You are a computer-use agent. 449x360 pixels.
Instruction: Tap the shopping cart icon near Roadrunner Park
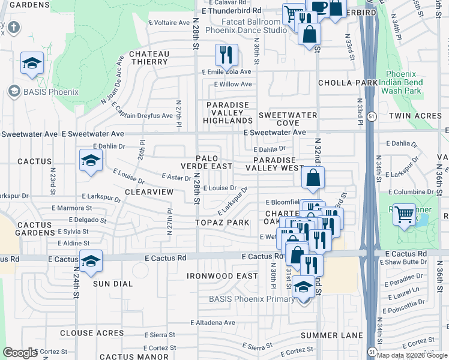click(405, 214)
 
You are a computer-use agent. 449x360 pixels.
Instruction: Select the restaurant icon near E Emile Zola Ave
click(226, 55)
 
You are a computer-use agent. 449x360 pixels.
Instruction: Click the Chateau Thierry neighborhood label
click(149, 58)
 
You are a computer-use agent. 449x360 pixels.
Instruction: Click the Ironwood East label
click(221, 276)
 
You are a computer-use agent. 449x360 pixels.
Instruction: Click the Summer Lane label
click(332, 335)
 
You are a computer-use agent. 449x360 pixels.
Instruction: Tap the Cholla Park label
click(348, 83)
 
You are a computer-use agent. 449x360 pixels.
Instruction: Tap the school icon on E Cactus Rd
click(90, 262)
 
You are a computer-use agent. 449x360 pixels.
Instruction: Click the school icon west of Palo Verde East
click(90, 160)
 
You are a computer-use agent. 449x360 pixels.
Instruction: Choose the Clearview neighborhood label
click(149, 191)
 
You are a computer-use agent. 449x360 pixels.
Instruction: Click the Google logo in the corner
click(20, 353)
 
